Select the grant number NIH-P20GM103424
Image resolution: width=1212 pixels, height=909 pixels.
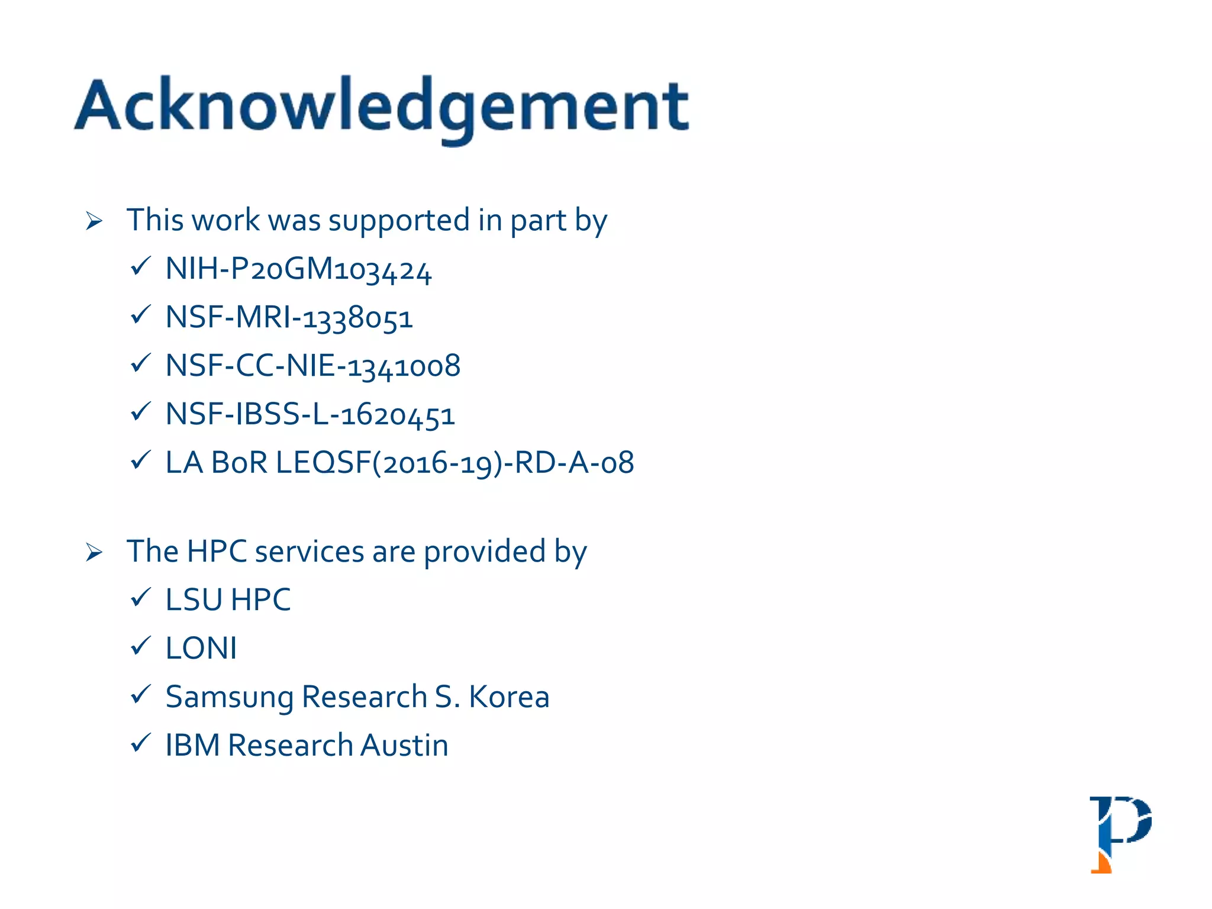298,269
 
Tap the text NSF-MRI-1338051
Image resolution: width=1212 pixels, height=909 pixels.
289,318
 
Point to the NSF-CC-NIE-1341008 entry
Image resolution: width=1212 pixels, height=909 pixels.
312,366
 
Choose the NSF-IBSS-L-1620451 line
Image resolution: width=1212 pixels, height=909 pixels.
310,414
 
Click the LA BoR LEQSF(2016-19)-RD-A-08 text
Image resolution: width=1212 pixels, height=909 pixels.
399,463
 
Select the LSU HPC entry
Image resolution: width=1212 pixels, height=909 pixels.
228,599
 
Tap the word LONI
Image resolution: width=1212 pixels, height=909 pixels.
201,648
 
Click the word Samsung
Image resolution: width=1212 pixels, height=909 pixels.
230,697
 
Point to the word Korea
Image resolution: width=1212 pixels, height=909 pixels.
509,697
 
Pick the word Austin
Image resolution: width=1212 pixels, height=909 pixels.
404,745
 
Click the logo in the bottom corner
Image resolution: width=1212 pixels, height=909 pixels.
1120,834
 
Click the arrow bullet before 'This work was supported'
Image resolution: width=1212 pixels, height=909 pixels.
94,221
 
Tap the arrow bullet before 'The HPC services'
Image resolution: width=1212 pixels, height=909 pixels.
94,553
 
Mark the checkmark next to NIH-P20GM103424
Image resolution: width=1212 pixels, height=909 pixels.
141,266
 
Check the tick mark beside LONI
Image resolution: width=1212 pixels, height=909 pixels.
141,646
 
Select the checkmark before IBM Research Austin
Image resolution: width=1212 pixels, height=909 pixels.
141,743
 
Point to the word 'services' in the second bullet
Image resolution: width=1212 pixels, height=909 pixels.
310,552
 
